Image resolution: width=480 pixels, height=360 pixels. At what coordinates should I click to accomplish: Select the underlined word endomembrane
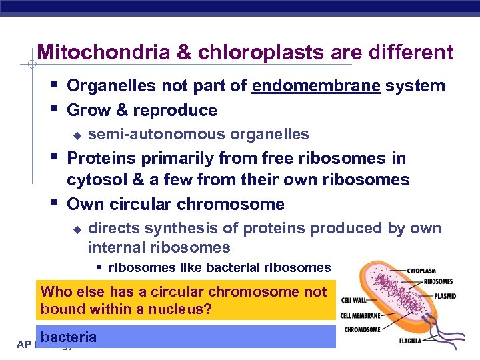pos(316,86)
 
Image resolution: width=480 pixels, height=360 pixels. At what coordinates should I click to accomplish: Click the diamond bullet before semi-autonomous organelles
pos(77,135)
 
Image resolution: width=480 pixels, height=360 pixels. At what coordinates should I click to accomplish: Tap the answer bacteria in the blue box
pos(69,337)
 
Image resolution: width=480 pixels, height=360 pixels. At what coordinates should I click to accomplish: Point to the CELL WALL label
pos(353,301)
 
